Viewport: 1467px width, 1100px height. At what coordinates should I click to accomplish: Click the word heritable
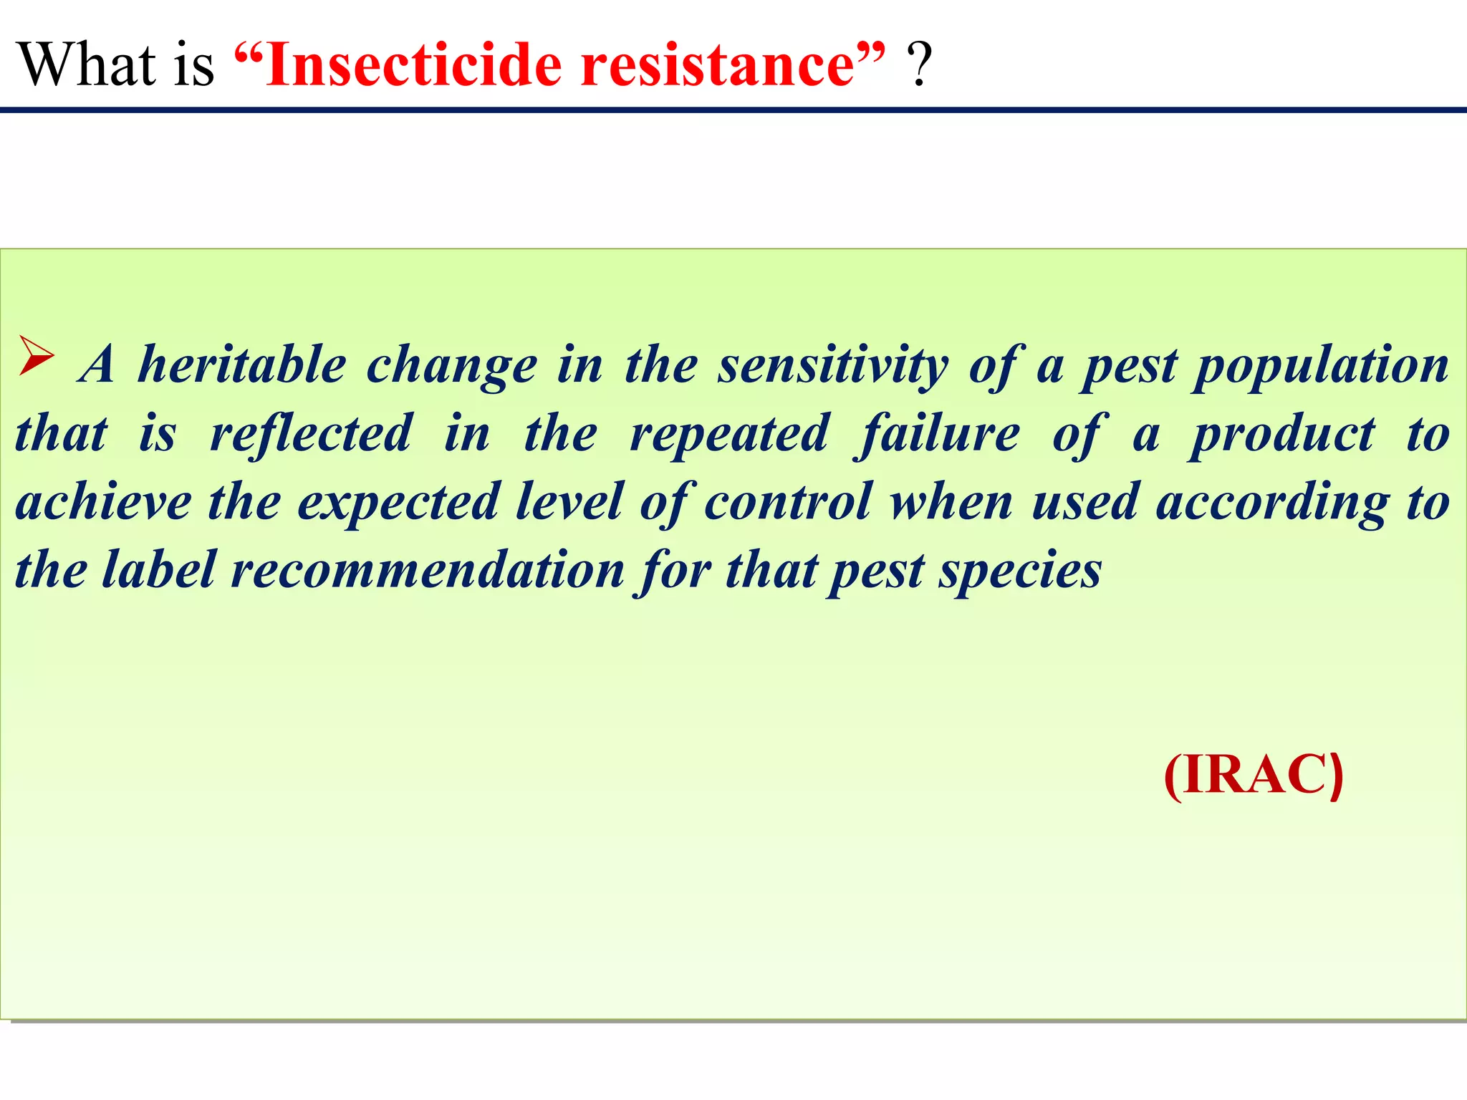point(242,365)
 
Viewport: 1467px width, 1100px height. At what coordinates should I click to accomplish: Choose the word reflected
point(311,435)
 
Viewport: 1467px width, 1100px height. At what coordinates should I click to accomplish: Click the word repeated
point(729,435)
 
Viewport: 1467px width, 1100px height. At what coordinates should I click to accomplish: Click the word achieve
point(103,502)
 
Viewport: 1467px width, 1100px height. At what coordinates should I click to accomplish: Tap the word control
point(789,502)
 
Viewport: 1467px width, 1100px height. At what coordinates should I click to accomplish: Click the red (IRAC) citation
point(1254,775)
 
